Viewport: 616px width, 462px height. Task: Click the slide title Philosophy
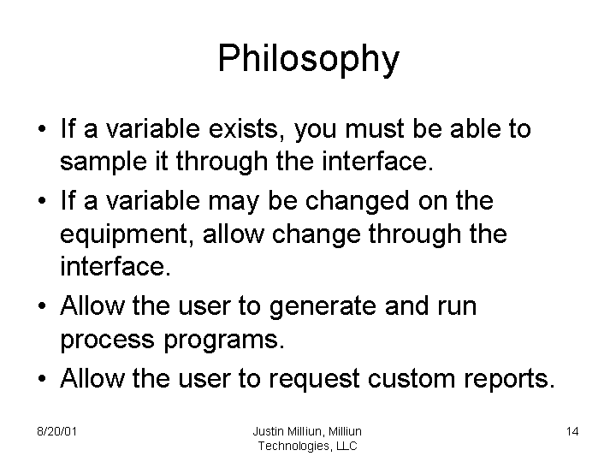308,59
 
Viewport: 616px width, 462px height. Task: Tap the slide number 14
572,431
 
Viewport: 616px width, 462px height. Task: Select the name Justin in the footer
270,431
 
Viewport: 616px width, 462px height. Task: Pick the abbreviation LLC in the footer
346,446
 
